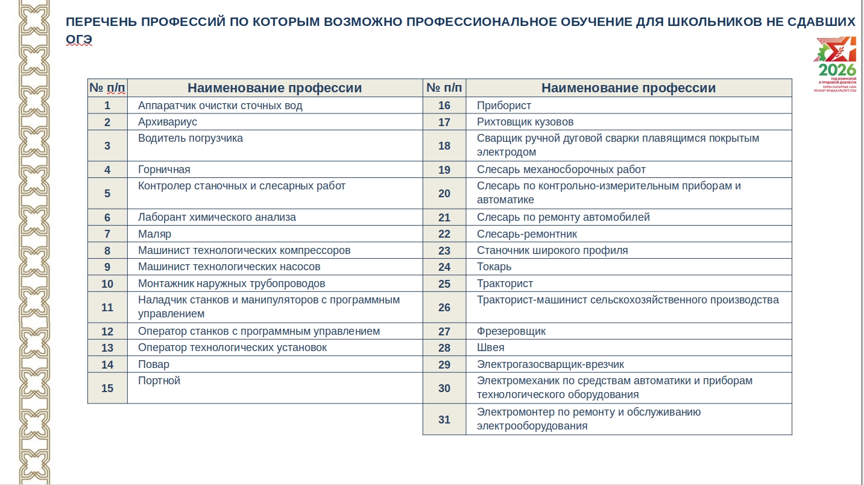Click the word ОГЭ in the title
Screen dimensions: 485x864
pyautogui.click(x=78, y=39)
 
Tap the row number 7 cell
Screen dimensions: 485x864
pyautogui.click(x=107, y=234)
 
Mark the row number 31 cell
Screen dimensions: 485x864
pyautogui.click(x=444, y=419)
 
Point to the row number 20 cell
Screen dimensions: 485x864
pyautogui.click(x=444, y=193)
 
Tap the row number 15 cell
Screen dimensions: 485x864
pyautogui.click(x=107, y=388)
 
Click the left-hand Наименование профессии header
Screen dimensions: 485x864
pyautogui.click(x=274, y=88)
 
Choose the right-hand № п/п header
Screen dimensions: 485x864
pyautogui.click(x=444, y=88)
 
